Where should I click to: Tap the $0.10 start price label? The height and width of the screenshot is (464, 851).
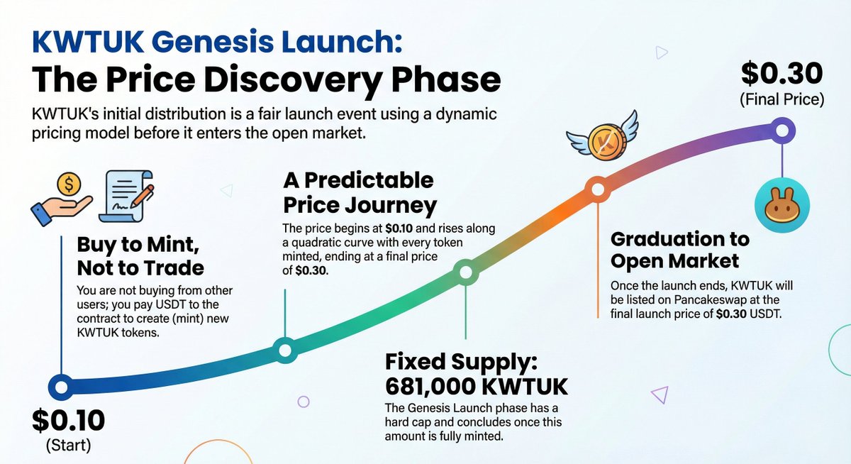68,421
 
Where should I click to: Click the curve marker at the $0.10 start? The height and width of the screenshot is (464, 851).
60,387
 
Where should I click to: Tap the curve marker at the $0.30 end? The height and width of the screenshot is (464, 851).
782,131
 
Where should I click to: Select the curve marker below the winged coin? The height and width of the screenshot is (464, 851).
597,189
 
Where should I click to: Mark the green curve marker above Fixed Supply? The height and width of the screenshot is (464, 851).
466,271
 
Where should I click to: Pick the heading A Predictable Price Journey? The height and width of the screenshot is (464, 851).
359,192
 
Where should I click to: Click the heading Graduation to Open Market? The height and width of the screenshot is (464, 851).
679,250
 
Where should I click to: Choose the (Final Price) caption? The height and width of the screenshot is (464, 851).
782,99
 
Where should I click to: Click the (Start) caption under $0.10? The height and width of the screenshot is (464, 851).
69,446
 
